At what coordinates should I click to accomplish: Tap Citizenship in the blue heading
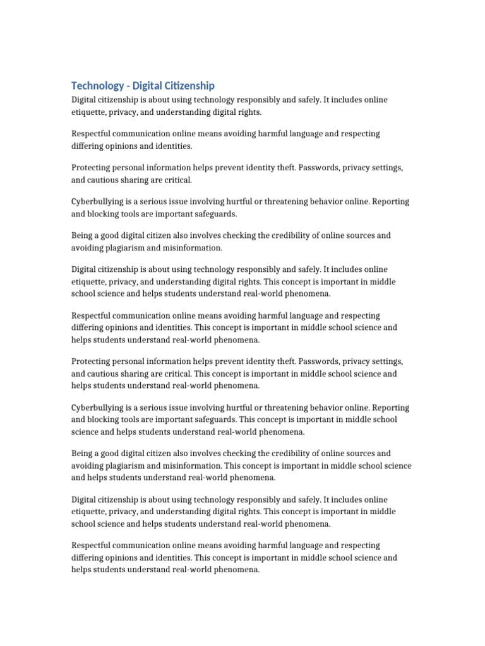(188, 86)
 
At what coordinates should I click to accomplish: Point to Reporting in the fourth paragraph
(391, 202)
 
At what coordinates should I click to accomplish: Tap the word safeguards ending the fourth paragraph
(198, 214)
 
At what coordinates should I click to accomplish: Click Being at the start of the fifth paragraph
(82, 235)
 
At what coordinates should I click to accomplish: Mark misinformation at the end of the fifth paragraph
(195, 248)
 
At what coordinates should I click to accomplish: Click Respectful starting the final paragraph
(92, 545)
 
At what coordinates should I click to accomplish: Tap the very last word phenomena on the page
(237, 570)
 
